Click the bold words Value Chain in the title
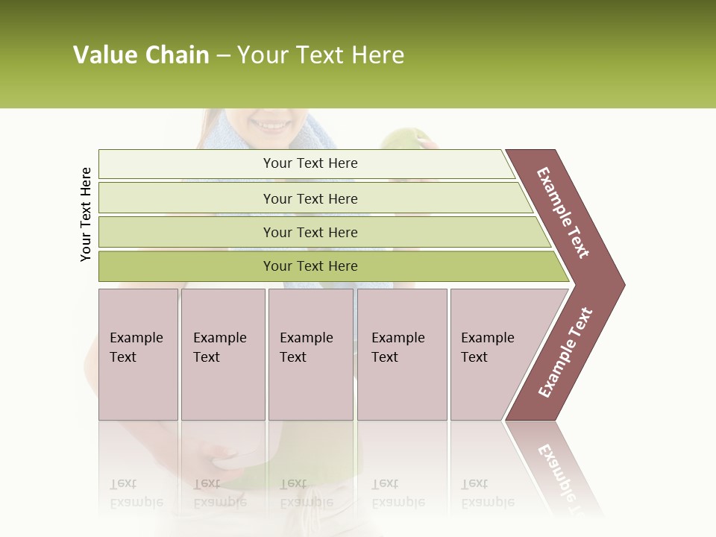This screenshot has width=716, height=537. tap(141, 55)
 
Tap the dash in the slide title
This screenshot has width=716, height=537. tap(223, 56)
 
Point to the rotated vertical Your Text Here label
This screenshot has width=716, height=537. tap(86, 214)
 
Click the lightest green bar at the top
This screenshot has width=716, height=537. tap(310, 163)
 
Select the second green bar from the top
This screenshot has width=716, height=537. tap(310, 198)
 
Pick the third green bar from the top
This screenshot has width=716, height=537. tap(310, 232)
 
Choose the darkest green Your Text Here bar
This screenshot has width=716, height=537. tap(310, 266)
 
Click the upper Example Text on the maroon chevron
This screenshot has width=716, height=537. tap(563, 213)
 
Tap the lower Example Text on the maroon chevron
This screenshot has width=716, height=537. tap(565, 352)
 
